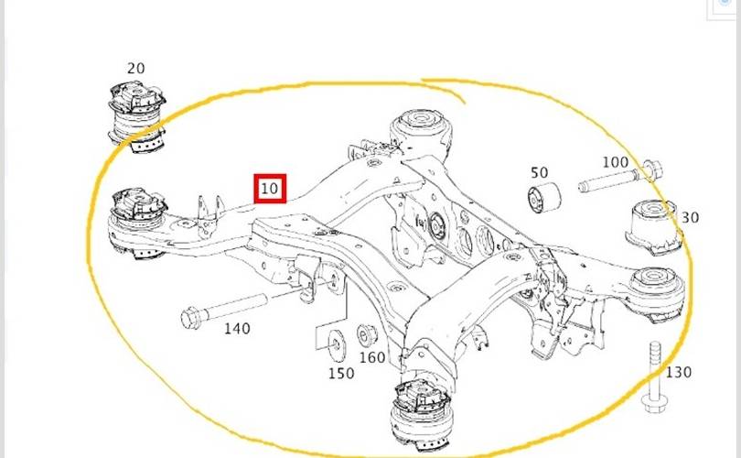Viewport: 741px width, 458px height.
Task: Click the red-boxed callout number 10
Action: [x=270, y=189]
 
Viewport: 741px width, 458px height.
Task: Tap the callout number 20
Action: [x=135, y=69]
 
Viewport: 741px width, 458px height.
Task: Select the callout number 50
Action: [x=539, y=173]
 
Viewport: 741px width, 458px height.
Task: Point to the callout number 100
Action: [x=616, y=162]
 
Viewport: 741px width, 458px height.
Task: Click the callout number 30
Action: [x=690, y=218]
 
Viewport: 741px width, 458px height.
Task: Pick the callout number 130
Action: [x=679, y=373]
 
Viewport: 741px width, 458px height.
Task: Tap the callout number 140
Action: [x=237, y=328]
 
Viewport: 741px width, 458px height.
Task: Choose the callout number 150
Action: [x=341, y=374]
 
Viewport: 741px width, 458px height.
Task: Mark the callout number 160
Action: [x=372, y=357]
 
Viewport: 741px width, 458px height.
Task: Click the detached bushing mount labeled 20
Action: [x=137, y=116]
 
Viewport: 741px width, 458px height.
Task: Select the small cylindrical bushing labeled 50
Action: [x=544, y=197]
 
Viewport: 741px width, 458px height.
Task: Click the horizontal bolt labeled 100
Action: [x=620, y=177]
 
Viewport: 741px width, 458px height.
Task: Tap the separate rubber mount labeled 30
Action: [x=654, y=227]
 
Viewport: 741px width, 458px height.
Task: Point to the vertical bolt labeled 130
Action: [x=654, y=378]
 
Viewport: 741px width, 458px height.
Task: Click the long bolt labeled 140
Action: [x=224, y=310]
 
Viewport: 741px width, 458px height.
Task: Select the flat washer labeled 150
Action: [x=337, y=344]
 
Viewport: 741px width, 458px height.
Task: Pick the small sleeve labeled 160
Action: [x=367, y=335]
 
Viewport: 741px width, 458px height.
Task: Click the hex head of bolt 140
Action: [x=190, y=318]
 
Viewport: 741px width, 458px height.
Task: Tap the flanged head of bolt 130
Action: [x=654, y=406]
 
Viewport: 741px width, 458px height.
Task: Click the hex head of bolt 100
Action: [x=653, y=169]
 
